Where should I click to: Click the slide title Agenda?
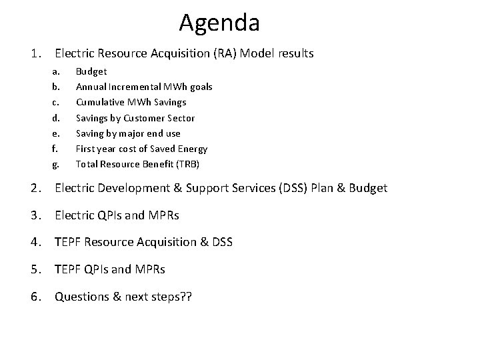coord(219,23)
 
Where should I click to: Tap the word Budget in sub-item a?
coord(91,71)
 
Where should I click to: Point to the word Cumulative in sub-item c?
coord(99,102)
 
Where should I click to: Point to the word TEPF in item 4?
coord(69,242)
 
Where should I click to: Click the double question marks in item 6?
coord(185,296)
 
